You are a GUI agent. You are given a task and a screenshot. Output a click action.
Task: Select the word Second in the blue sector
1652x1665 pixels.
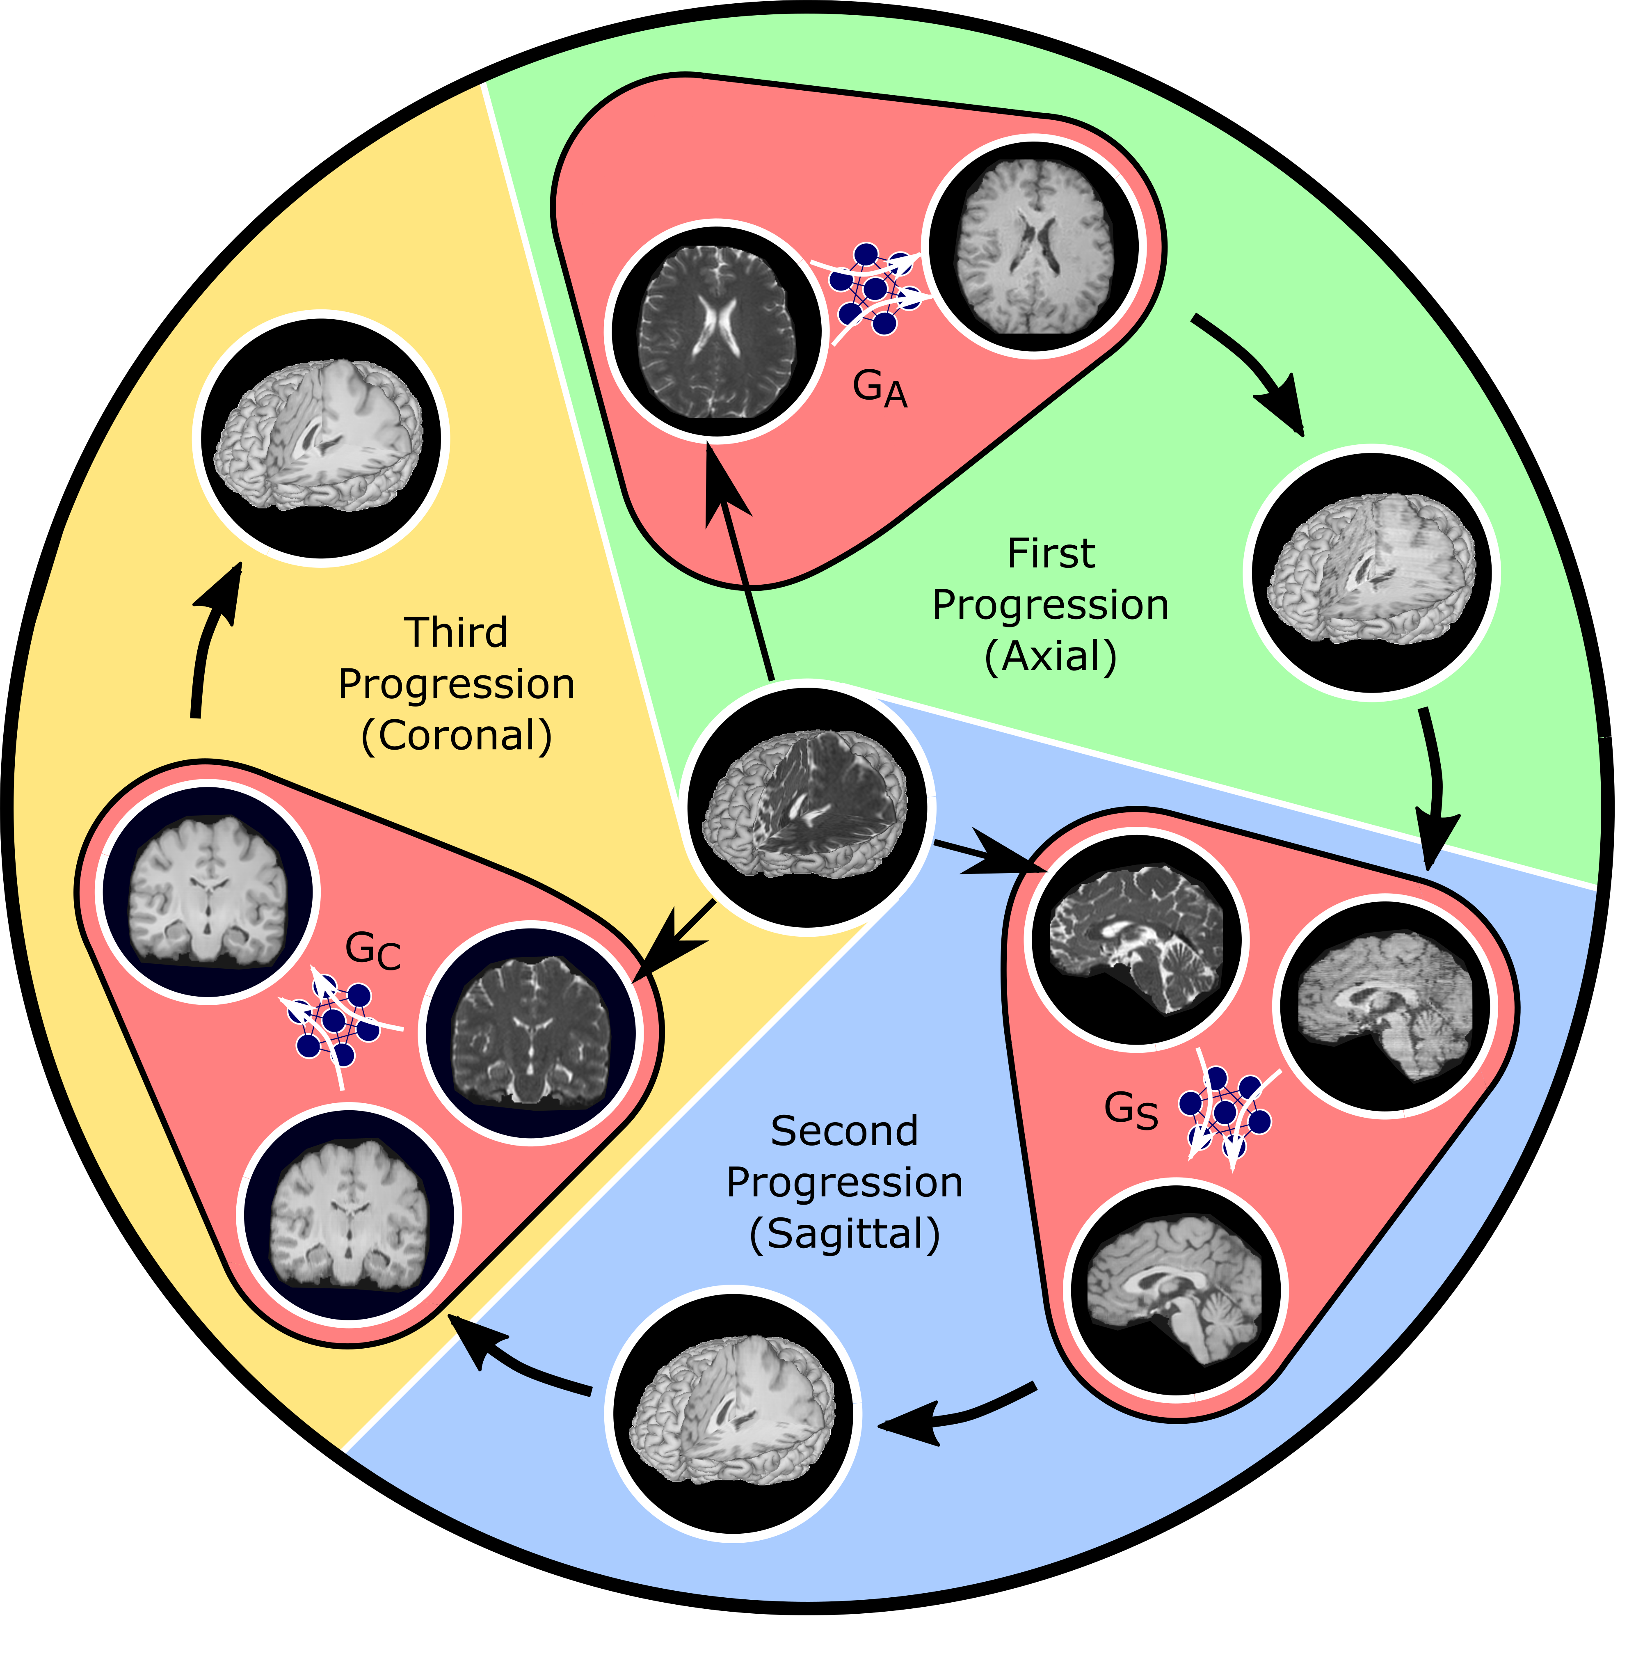pyautogui.click(x=845, y=1132)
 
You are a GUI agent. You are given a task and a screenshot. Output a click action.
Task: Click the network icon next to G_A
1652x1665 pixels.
pyautogui.click(x=872, y=289)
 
